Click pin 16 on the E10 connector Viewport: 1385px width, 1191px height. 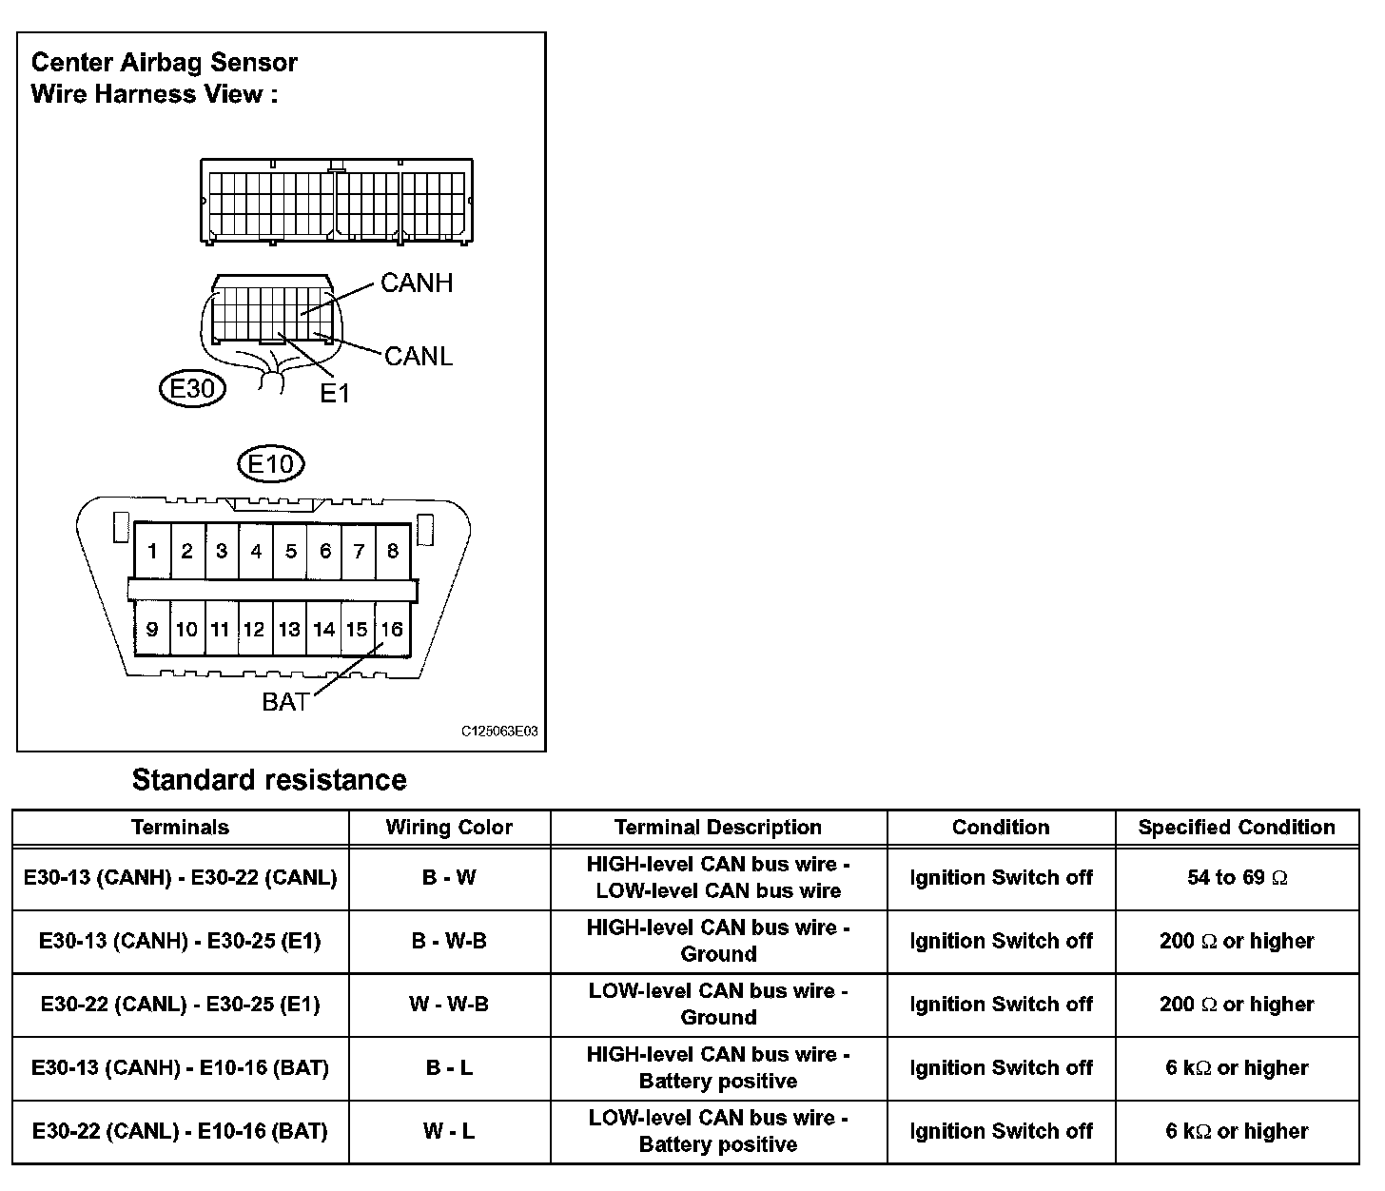[x=392, y=629]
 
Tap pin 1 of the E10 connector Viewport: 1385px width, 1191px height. [x=152, y=551]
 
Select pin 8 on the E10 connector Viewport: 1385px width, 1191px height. [x=392, y=551]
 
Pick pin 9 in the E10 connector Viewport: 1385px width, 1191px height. [x=152, y=629]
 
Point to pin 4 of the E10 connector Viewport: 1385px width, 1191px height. [x=256, y=551]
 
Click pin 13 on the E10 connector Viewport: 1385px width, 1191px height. [x=289, y=629]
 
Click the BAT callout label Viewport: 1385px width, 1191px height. [x=285, y=702]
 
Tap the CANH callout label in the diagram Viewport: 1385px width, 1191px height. [x=417, y=283]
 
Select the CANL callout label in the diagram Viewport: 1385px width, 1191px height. [x=419, y=356]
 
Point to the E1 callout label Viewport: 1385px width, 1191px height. [x=335, y=392]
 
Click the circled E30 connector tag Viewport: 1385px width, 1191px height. [x=191, y=388]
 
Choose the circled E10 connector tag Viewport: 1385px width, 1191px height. [x=271, y=465]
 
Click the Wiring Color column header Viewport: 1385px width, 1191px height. [x=449, y=828]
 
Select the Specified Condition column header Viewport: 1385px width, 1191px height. [x=1237, y=828]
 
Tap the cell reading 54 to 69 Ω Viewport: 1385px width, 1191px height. [x=1237, y=878]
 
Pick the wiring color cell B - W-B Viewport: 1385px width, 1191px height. [x=449, y=942]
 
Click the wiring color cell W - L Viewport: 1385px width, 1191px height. [x=449, y=1131]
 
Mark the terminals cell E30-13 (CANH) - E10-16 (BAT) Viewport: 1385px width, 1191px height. [x=180, y=1068]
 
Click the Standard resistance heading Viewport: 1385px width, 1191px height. [x=269, y=780]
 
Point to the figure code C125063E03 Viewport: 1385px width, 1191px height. [x=499, y=732]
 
